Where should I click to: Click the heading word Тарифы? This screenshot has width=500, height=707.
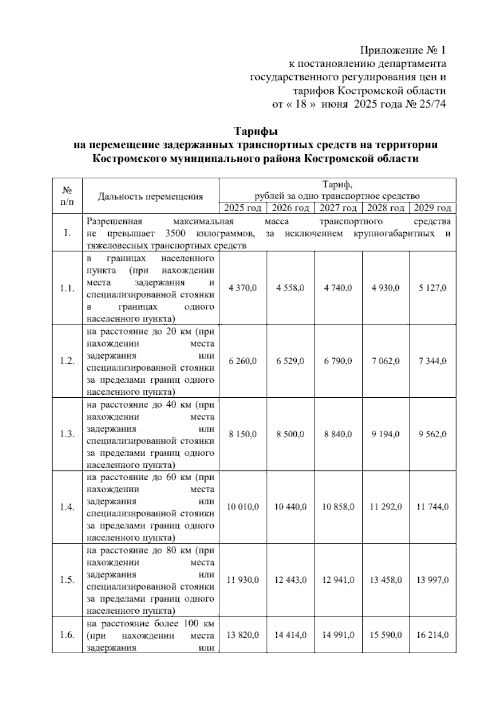click(x=255, y=132)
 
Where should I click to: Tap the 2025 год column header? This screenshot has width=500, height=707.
click(x=242, y=208)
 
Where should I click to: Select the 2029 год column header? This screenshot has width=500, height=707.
click(x=432, y=208)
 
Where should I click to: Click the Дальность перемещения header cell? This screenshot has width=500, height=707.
click(x=150, y=196)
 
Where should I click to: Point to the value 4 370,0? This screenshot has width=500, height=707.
click(x=242, y=288)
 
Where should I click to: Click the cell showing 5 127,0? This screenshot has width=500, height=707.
click(x=432, y=288)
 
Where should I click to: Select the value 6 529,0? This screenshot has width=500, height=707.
click(x=290, y=361)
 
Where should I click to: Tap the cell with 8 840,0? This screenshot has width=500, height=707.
click(x=338, y=434)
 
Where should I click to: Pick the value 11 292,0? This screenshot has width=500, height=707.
click(x=385, y=507)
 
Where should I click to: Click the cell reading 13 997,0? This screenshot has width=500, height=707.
click(x=432, y=580)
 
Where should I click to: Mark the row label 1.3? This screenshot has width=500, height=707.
click(x=67, y=434)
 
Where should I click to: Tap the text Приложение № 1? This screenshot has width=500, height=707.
click(x=402, y=50)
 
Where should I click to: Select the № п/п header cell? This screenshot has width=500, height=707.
click(x=67, y=196)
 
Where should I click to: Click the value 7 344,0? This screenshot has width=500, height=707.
click(x=432, y=361)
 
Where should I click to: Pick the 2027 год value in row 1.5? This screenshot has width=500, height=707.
click(x=338, y=580)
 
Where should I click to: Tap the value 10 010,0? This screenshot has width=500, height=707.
click(x=242, y=507)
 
